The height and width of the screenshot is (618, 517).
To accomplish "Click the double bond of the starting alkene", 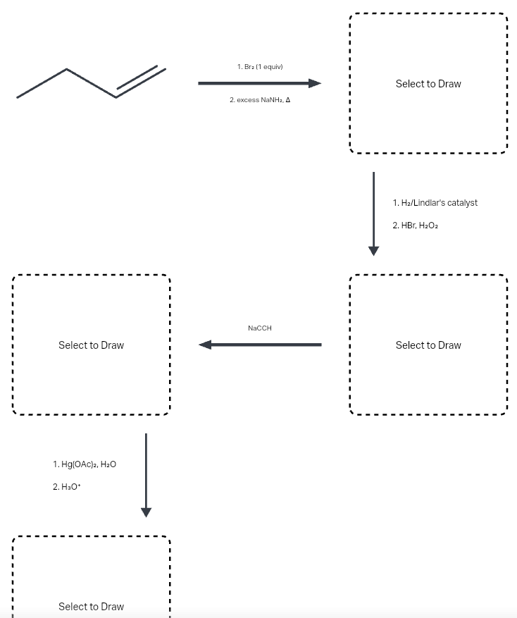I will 141,82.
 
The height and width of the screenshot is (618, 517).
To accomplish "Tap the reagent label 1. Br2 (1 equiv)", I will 260,66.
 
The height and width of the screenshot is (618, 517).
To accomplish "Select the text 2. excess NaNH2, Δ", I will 260,100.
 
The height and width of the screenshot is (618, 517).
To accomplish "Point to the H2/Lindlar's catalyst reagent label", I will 435,203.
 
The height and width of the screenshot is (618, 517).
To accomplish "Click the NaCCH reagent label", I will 260,328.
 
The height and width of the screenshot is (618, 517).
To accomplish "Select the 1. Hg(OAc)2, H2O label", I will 85,464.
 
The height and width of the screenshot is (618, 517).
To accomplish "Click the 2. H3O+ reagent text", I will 68,487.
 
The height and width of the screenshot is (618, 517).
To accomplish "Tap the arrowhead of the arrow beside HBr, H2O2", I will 373,250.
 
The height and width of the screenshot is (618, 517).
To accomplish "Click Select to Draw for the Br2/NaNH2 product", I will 428,84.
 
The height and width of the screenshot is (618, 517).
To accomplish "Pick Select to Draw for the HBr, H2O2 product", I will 428,345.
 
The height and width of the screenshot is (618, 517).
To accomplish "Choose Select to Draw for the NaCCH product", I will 91,345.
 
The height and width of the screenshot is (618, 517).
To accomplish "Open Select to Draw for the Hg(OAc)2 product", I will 91,606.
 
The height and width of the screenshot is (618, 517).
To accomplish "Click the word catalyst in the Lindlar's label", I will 462,203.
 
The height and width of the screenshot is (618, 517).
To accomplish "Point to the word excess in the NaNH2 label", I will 247,100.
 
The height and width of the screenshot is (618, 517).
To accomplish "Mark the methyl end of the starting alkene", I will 19,97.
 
